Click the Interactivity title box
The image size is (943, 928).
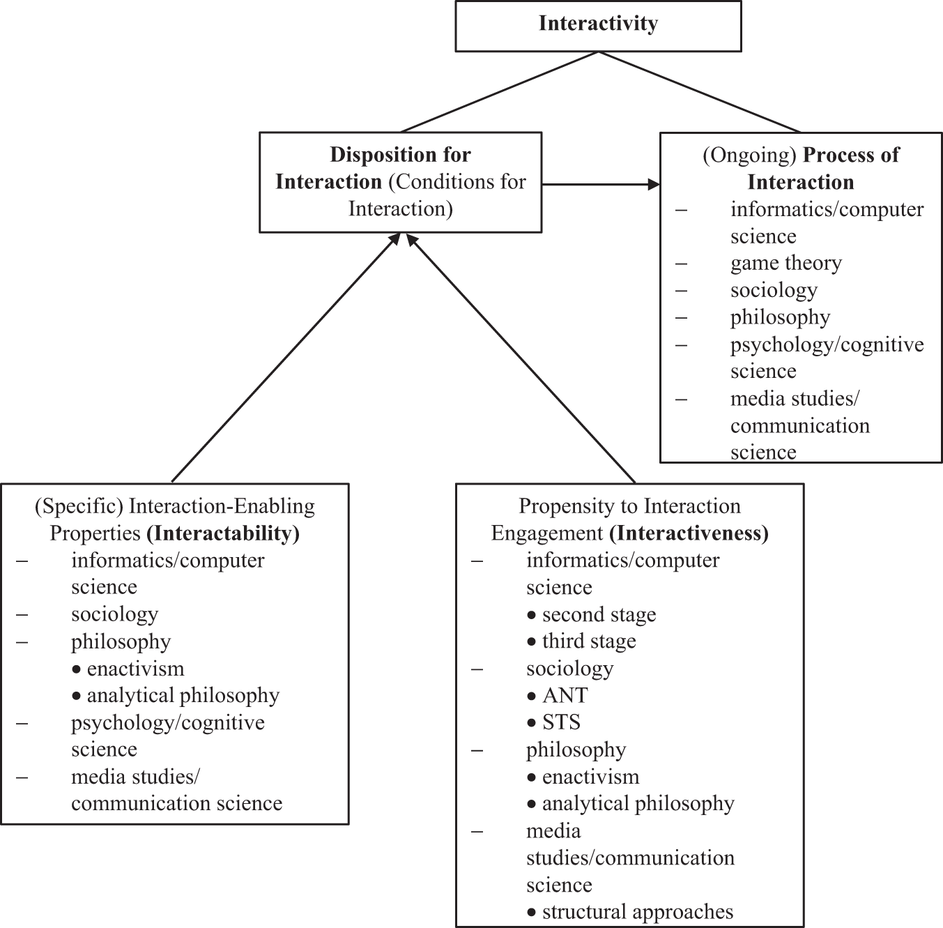click(598, 25)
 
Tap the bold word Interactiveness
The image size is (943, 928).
click(689, 533)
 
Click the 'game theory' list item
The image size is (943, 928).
click(785, 264)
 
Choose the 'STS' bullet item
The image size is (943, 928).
click(561, 722)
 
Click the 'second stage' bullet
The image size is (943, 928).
click(599, 615)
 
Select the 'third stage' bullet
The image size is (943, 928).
click(589, 641)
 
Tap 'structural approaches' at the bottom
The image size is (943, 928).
click(637, 912)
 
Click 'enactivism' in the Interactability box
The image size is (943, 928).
click(135, 669)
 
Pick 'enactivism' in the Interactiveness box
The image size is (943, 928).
click(590, 777)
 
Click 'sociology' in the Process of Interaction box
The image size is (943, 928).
click(774, 291)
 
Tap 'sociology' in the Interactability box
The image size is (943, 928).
click(114, 614)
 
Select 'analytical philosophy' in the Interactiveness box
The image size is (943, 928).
click(638, 804)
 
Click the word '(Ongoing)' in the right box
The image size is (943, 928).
click(749, 155)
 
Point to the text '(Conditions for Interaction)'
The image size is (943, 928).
click(432, 196)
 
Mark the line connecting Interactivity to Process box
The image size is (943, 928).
click(700, 91)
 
